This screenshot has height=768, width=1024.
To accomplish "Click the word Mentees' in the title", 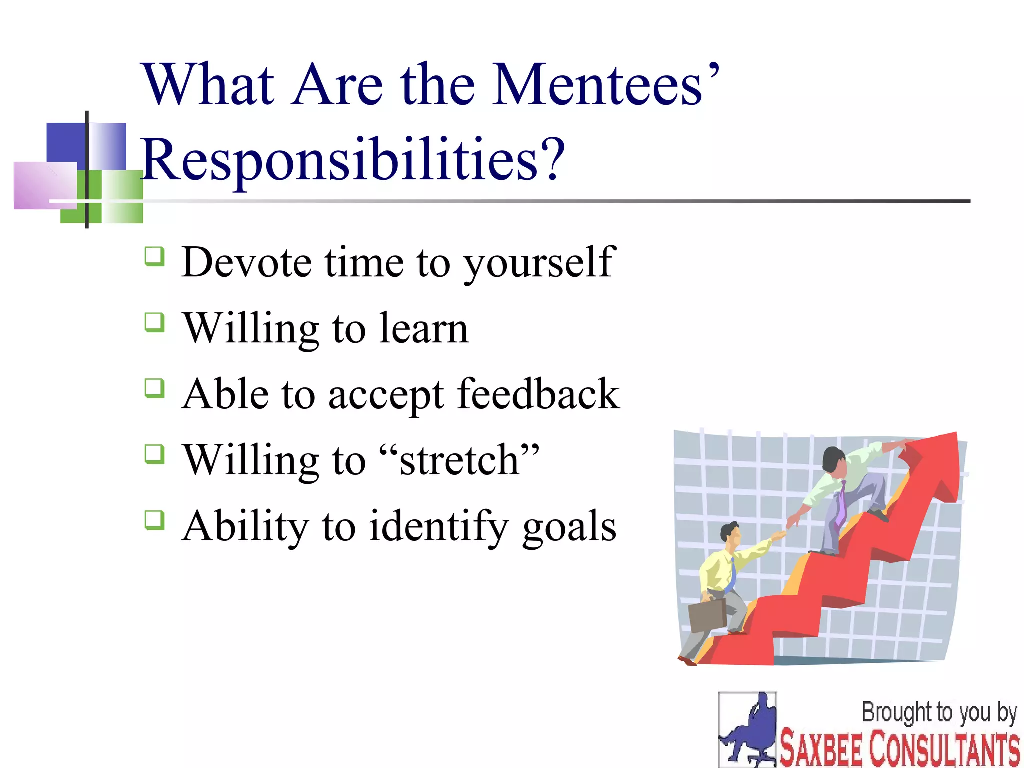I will coord(605,85).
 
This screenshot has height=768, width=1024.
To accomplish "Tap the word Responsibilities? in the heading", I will coord(352,160).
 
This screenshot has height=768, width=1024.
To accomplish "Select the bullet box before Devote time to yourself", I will coord(154,256).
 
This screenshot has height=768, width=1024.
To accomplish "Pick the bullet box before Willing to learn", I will coord(154,322).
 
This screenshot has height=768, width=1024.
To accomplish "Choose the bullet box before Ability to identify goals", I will coord(154,520).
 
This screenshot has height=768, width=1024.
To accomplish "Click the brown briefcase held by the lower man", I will coord(707,615).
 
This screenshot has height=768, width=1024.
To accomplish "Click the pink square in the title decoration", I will coord(45,185).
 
